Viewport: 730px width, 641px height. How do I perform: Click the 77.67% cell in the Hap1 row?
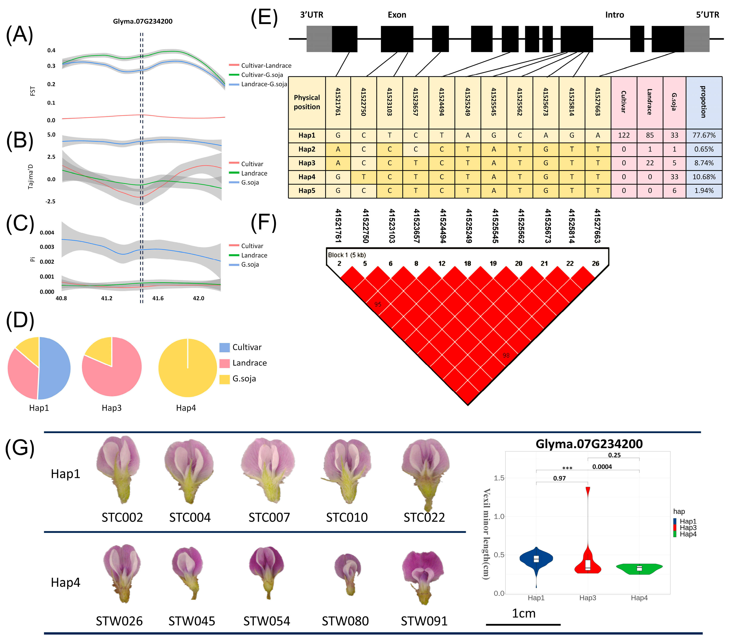click(703, 135)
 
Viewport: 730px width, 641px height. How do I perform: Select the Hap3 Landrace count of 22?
click(650, 163)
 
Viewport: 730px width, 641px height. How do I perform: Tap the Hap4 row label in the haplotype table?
click(307, 177)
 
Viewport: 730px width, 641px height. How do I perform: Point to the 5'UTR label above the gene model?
click(707, 15)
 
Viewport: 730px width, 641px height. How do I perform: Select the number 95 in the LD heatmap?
click(378, 304)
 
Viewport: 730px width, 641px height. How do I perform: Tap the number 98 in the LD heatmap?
click(506, 355)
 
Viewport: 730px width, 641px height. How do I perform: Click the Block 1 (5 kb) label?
click(347, 255)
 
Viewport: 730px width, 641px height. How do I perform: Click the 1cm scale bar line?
click(523, 624)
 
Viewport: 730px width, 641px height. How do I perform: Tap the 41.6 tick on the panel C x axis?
click(158, 298)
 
